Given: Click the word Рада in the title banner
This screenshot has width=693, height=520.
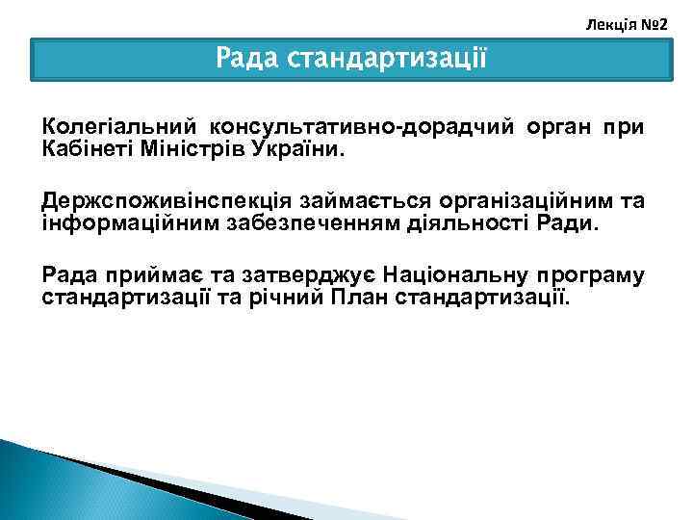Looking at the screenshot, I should [x=247, y=60].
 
